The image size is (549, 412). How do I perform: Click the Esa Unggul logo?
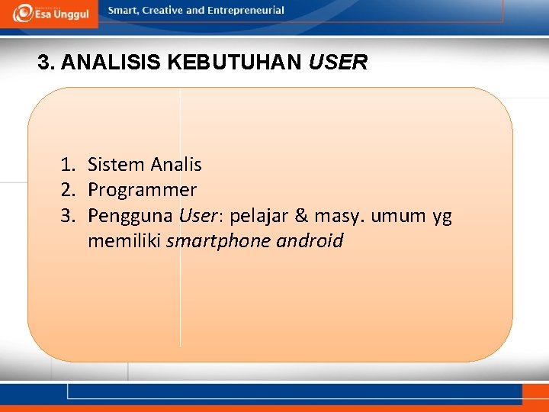(50, 13)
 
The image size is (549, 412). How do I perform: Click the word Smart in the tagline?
(124, 11)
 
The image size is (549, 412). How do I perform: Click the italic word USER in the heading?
(338, 63)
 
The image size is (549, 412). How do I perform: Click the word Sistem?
(116, 165)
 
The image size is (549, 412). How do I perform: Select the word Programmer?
(142, 190)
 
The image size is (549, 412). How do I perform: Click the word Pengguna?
(131, 217)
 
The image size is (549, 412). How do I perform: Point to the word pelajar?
(259, 217)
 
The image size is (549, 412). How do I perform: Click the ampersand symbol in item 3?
(301, 217)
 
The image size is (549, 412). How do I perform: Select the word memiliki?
(124, 242)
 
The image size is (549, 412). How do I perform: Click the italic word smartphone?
(208, 242)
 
